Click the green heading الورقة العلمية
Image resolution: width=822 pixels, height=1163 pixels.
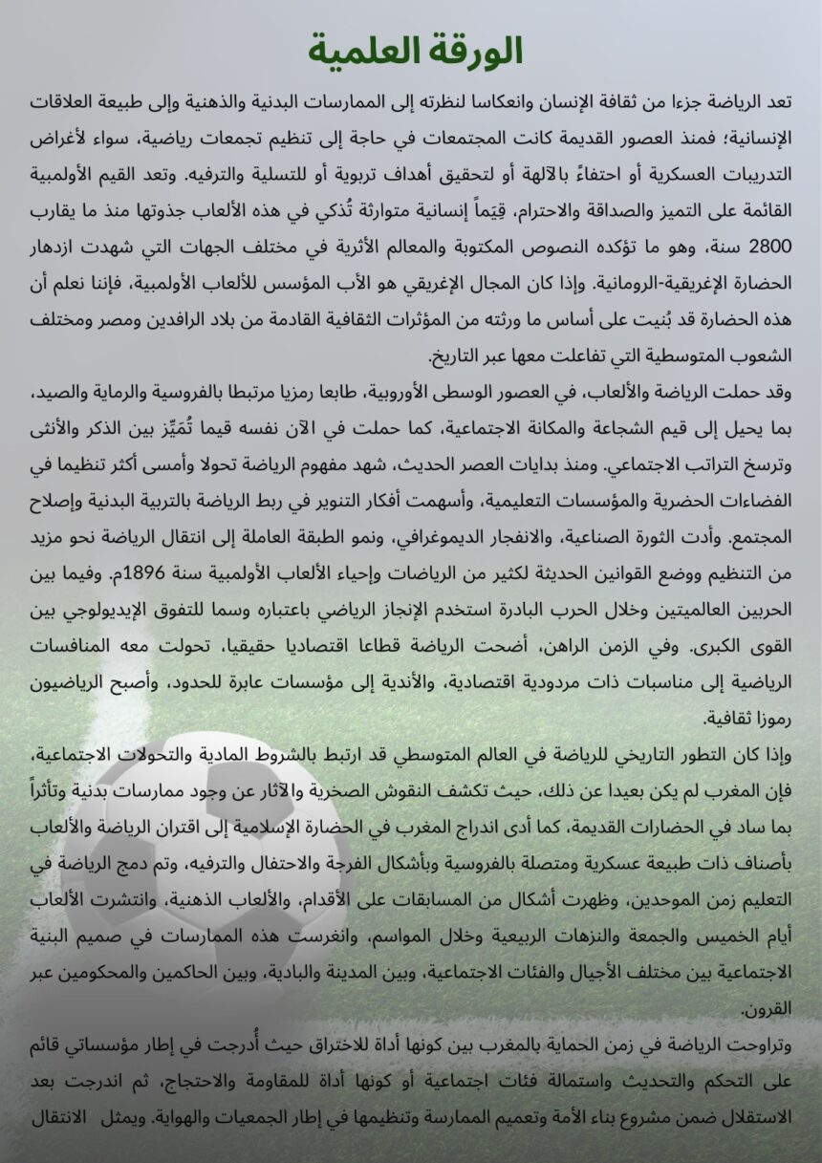click(417, 51)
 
